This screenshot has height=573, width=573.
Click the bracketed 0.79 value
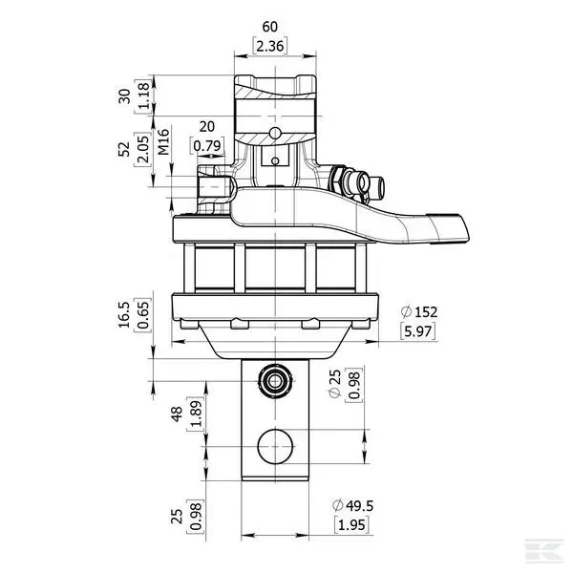207,145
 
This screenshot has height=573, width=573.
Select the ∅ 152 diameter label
421,312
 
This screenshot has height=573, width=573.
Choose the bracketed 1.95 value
351,524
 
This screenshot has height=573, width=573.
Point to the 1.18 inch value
143,96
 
